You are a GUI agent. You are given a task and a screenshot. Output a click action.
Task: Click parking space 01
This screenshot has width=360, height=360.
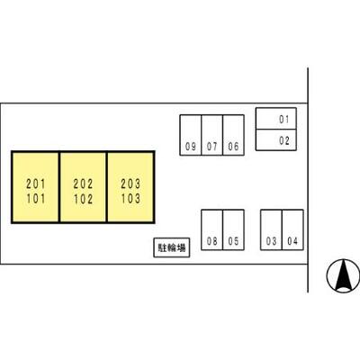click(x=276, y=119)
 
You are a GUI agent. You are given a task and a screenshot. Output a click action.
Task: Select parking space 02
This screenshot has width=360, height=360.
click(x=276, y=139)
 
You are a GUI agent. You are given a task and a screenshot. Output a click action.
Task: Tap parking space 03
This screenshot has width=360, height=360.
click(x=271, y=229)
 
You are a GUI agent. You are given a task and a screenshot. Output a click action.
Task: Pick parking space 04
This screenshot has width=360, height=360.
click(x=292, y=229)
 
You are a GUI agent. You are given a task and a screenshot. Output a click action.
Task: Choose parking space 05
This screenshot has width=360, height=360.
click(x=233, y=229)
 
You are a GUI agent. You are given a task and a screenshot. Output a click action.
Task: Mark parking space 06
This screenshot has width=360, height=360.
click(x=233, y=135)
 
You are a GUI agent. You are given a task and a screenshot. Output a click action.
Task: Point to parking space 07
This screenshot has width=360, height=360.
click(x=212, y=135)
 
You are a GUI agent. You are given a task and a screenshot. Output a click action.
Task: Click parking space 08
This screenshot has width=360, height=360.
click(x=212, y=229)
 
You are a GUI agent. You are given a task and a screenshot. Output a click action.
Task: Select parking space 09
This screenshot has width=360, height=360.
click(x=191, y=135)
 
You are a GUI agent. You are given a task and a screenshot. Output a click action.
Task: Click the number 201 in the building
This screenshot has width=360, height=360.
click(x=36, y=184)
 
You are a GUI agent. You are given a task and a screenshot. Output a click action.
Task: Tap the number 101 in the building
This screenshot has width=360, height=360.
click(x=36, y=199)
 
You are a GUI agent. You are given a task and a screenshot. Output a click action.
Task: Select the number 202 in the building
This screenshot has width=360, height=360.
click(x=83, y=184)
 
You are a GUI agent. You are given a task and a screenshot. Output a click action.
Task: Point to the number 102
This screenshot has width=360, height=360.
click(x=83, y=199)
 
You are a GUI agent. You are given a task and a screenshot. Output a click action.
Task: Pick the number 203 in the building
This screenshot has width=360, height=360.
click(x=130, y=184)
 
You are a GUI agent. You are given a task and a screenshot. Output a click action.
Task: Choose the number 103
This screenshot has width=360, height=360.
click(x=130, y=199)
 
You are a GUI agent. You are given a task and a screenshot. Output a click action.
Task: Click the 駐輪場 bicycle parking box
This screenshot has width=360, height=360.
click(x=172, y=247)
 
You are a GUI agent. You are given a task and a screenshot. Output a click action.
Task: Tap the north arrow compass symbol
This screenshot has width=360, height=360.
click(x=343, y=275)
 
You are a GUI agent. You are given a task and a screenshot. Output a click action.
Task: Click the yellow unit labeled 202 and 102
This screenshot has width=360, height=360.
click(x=83, y=187)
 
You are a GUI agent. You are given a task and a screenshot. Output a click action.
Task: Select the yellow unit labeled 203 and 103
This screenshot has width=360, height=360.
click(x=130, y=187)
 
